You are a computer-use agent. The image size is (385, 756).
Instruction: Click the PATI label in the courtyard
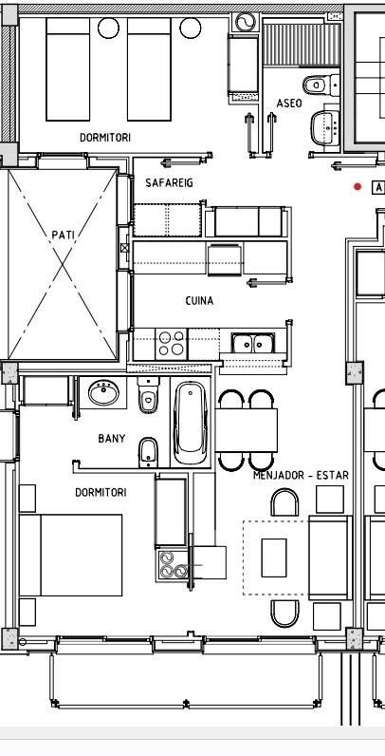pyautogui.click(x=63, y=234)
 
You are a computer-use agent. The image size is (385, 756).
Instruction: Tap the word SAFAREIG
pyautogui.click(x=169, y=182)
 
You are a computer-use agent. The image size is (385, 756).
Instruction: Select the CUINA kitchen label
pyautogui.click(x=199, y=301)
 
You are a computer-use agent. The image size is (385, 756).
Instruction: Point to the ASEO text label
pyautogui.click(x=288, y=103)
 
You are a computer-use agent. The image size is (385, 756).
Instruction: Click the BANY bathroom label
pyautogui.click(x=111, y=439)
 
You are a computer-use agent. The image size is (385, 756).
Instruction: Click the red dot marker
pyautogui.click(x=357, y=187)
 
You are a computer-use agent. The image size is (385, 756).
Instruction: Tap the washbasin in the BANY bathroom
pyautogui.click(x=101, y=391)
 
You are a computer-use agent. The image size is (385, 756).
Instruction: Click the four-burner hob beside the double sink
pyautogui.click(x=172, y=343)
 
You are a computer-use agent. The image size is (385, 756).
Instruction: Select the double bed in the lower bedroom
pyautogui.click(x=71, y=555)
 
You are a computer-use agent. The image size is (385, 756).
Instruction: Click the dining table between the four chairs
pyautogui.click(x=248, y=430)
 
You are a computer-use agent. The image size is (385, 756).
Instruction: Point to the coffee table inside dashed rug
pyautogui.click(x=274, y=557)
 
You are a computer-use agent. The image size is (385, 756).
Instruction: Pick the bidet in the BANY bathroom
pyautogui.click(x=148, y=450)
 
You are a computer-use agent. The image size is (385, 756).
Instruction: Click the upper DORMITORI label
pyautogui.click(x=104, y=138)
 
